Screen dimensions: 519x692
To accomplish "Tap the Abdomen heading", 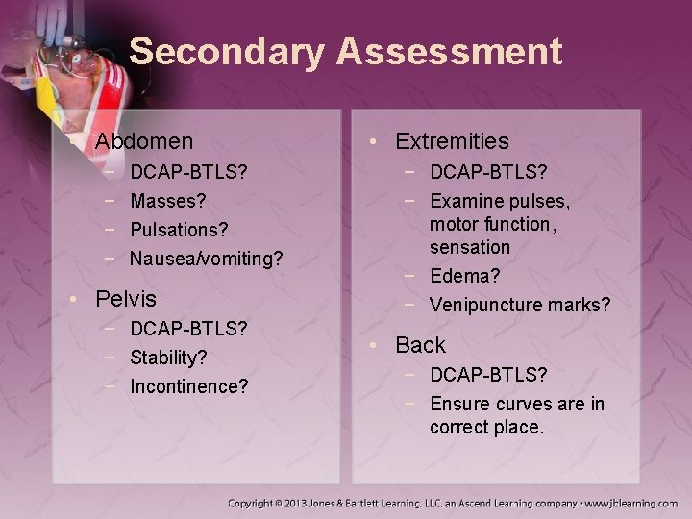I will point(144,141).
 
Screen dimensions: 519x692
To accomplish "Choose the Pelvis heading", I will point(125,298).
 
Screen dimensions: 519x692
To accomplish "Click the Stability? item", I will point(168,358).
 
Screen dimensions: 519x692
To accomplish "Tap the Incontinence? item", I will point(189,386).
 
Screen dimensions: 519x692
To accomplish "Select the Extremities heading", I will point(451,141).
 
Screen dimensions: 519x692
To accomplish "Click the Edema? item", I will point(465,276).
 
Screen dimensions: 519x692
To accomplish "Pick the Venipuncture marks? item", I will point(520,305).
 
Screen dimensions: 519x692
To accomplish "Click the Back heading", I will point(421,345).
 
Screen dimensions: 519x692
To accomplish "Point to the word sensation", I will point(470,247).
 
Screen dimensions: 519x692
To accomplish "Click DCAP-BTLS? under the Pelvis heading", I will point(189,329).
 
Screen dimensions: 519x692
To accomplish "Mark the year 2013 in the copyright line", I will point(312,503).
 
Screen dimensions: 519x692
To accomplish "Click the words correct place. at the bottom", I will point(486,426).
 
